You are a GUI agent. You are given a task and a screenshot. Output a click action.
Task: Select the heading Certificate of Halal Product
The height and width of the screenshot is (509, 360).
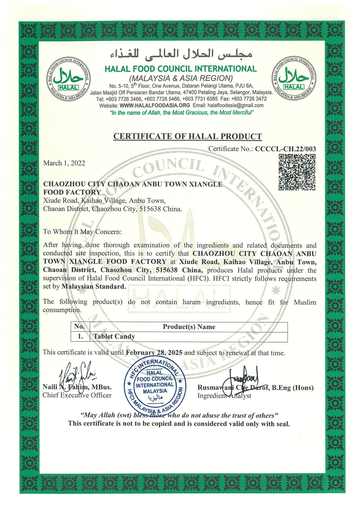[x=188, y=136]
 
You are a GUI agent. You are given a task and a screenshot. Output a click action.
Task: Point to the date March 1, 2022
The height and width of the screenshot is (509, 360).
[x=64, y=163]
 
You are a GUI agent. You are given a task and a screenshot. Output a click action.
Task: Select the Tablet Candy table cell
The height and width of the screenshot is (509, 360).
[x=114, y=336]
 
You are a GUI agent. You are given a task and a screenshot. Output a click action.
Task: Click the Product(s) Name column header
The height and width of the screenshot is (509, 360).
[x=189, y=327]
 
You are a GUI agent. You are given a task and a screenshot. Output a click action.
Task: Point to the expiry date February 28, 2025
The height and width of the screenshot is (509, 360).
[x=154, y=353]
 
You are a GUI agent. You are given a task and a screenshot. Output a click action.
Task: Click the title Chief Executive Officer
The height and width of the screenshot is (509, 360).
[x=77, y=395]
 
